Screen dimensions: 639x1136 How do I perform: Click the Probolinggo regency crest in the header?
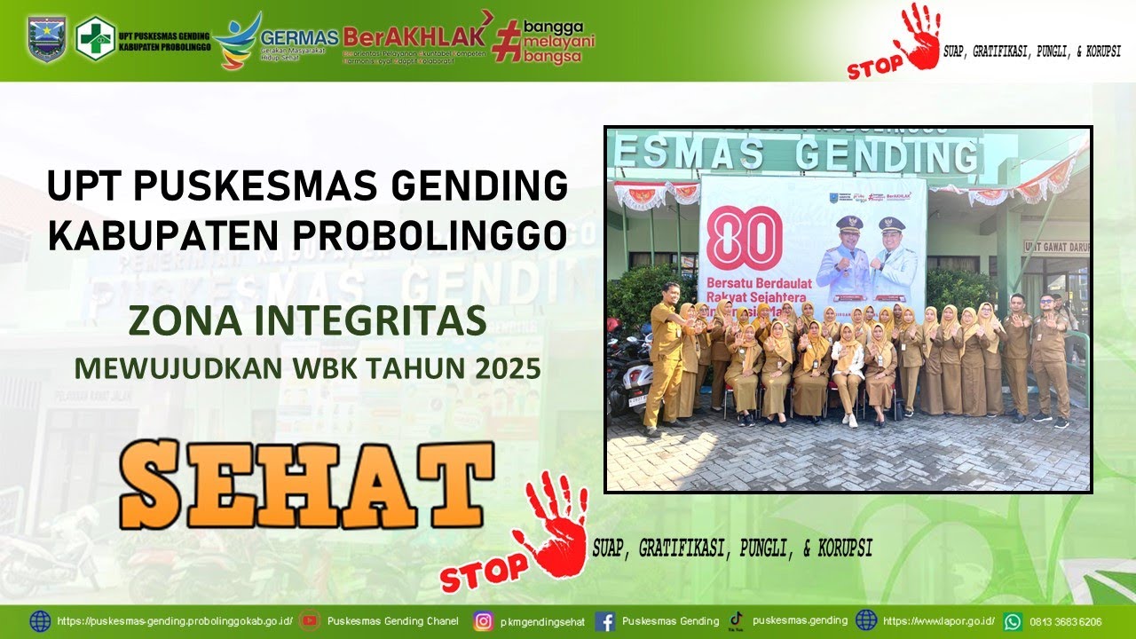(x=46, y=38)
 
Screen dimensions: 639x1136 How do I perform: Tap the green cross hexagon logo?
(x=95, y=38)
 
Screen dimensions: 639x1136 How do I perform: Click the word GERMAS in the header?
(x=299, y=37)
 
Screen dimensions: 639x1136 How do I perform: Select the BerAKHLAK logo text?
(x=414, y=36)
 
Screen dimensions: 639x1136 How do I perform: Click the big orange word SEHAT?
(x=306, y=485)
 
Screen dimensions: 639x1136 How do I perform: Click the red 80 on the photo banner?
(x=744, y=238)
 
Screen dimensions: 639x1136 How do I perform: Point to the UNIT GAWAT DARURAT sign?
(x=1055, y=247)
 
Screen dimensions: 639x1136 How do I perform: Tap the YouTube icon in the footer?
(x=309, y=621)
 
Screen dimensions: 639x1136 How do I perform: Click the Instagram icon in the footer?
(x=483, y=621)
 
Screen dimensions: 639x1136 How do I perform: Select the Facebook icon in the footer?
(x=605, y=621)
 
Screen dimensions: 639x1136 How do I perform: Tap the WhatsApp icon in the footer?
(x=1013, y=621)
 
